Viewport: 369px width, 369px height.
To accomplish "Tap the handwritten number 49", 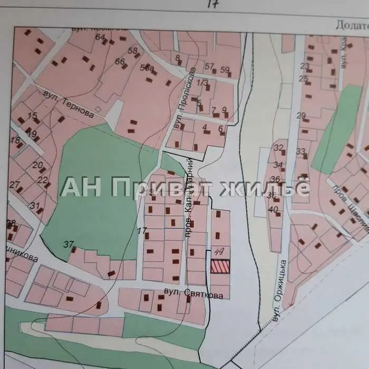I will click(x=220, y=253).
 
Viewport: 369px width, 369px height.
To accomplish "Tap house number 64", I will click(x=100, y=37).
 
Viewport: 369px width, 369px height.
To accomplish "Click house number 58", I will click(x=133, y=51).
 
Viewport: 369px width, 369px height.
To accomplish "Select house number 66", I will click(x=120, y=62).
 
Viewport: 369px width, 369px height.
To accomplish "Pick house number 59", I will click(x=225, y=69).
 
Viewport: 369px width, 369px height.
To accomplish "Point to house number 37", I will click(x=68, y=244).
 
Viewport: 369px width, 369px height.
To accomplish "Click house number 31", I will click(x=35, y=206).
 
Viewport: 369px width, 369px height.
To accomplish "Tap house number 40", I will click(x=273, y=209).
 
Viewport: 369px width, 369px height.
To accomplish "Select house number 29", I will click(x=301, y=116).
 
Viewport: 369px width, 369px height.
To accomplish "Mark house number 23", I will click(x=304, y=66).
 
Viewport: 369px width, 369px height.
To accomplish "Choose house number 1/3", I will click(x=202, y=83).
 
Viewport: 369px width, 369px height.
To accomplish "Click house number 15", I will click(x=33, y=115).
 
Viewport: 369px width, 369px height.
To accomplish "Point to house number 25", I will click(x=303, y=79).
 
